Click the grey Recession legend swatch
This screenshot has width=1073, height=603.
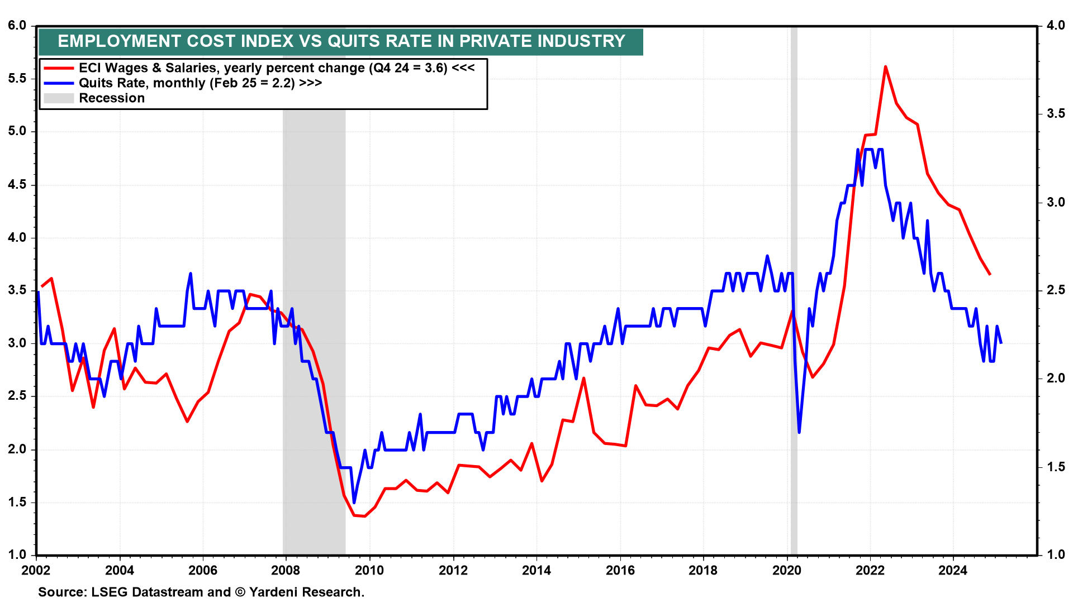[x=59, y=98]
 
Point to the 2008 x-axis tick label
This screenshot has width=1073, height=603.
[x=286, y=571]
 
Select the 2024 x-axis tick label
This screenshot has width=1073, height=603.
[x=953, y=571]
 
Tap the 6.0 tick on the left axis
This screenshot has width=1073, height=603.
[x=17, y=26]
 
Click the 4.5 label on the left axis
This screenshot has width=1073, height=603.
[x=17, y=185]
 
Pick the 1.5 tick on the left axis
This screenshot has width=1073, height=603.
[x=17, y=502]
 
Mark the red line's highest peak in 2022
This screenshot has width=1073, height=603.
[x=886, y=66]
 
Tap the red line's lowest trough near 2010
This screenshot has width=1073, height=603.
[x=365, y=516]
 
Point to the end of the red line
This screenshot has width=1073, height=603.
[x=990, y=274]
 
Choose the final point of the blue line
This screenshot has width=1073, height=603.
[x=1000, y=342]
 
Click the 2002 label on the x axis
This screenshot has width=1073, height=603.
[x=36, y=571]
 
